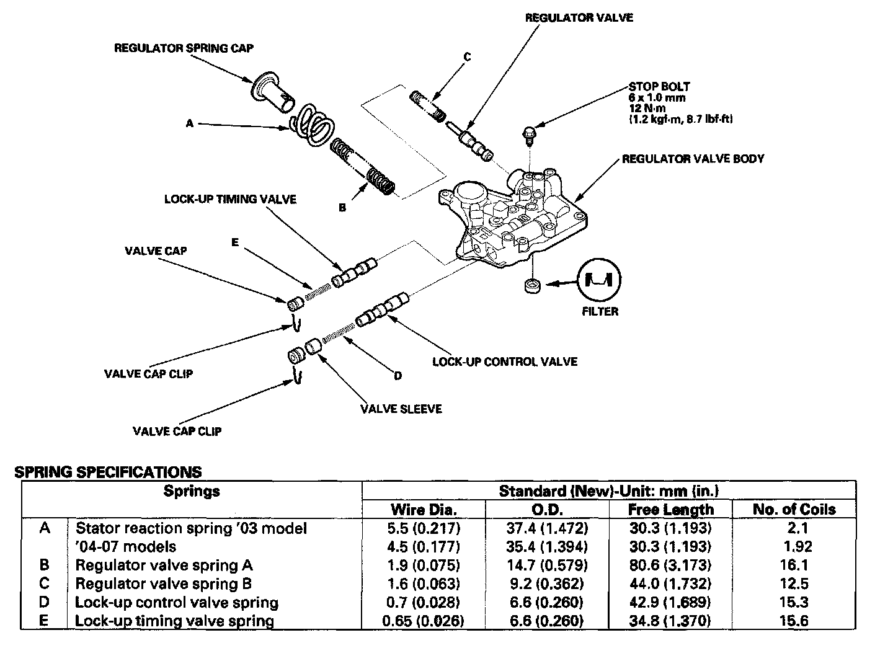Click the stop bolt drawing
pos(528,133)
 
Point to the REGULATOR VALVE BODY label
pos(693,159)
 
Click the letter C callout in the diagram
pos(467,57)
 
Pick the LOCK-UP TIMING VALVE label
pos(230,199)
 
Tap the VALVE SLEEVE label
pos(401,409)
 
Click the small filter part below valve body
pos(531,286)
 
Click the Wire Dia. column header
pos(424,510)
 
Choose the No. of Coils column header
pos(794,510)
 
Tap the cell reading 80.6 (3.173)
pos(670,566)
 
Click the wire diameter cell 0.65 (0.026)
pos(423,621)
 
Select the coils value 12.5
pos(794,583)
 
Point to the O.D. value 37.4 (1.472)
pos(546,528)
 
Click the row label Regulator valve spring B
pos(163,583)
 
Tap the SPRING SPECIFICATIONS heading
pos(108,472)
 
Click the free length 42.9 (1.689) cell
pos(670,602)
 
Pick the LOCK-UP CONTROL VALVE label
pos(505,362)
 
